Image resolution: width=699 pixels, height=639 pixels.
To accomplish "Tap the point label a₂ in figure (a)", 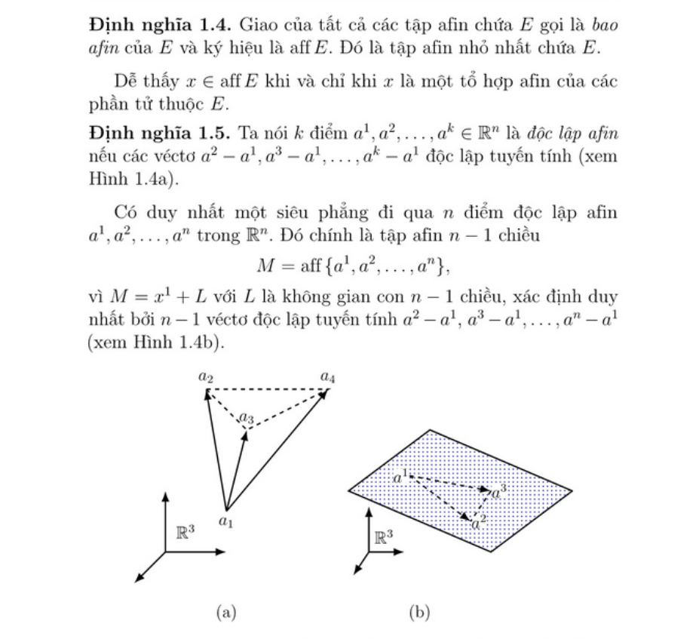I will click(207, 376).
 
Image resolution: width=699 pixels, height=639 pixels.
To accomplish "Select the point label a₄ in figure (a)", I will click(327, 375).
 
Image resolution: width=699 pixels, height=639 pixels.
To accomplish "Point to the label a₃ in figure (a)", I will click(247, 417).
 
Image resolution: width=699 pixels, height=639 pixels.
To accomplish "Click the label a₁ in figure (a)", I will click(225, 521).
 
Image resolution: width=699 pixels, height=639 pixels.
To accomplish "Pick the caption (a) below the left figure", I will click(226, 612).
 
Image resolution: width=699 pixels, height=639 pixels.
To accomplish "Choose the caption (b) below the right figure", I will click(418, 612).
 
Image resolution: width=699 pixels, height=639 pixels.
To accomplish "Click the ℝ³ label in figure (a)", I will click(185, 531).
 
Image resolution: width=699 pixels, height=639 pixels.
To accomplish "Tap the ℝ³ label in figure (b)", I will click(384, 537).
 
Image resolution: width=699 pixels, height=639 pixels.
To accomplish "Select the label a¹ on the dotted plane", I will click(400, 475).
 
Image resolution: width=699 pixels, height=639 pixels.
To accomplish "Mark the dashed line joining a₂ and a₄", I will click(268, 389).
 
